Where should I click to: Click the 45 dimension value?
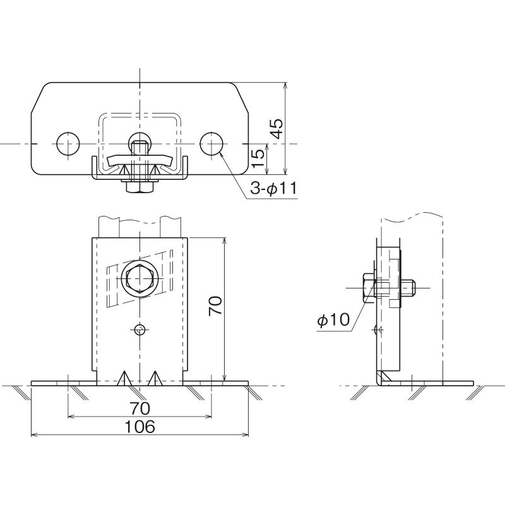pyautogui.click(x=276, y=129)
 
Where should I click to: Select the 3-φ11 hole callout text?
pyautogui.click(x=273, y=189)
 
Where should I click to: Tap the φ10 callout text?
pyautogui.click(x=333, y=320)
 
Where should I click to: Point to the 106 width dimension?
pyautogui.click(x=140, y=427)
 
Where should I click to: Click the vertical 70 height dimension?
pyautogui.click(x=215, y=306)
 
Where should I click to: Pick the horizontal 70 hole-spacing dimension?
pyautogui.click(x=140, y=408)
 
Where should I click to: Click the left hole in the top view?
pyautogui.click(x=68, y=143)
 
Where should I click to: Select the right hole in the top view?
pyautogui.click(x=211, y=143)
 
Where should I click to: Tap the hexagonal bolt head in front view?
pyautogui.click(x=140, y=278)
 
